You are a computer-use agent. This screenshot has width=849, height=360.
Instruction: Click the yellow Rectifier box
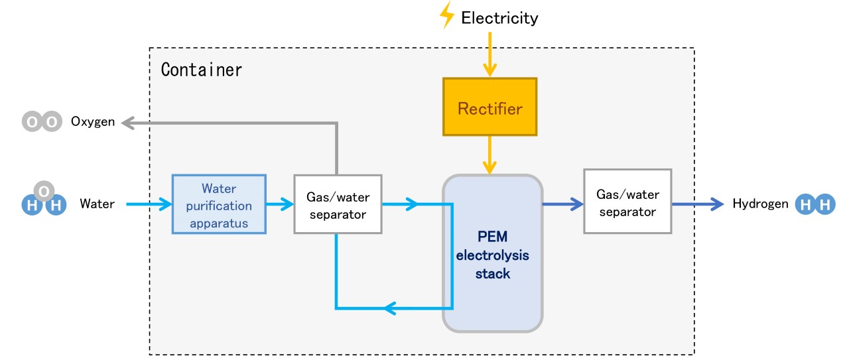pos(490,107)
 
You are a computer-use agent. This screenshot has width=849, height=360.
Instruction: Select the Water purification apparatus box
pos(219,204)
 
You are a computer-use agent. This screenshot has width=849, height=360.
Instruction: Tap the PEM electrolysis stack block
pos(493,253)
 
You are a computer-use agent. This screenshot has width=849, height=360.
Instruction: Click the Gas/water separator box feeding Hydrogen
pos(627,201)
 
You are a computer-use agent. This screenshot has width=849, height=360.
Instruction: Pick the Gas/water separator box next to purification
pos(338,204)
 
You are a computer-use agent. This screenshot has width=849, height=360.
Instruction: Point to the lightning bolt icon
pos(448,15)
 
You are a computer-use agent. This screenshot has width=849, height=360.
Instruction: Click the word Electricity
pos(499,18)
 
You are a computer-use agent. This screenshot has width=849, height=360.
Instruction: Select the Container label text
pos(202,69)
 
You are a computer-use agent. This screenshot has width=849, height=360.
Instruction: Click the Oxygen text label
pos(93,122)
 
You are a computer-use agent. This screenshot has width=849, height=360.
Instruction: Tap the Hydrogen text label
pos(760,204)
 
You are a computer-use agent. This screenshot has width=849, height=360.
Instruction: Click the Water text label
pos(97,204)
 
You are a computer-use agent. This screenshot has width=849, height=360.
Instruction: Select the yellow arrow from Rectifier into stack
pos(490,156)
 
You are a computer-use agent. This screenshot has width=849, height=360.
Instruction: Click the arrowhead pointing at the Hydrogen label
pos(717,204)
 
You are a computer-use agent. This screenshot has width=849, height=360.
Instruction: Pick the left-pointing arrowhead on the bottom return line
pos(391,308)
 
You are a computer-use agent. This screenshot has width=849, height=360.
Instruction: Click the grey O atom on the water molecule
pos(44,192)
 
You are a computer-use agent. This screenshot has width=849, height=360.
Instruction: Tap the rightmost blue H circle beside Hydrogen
pos(824,205)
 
